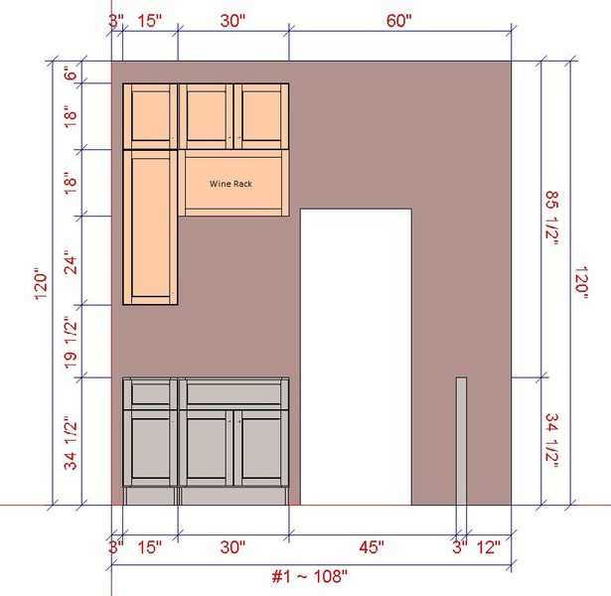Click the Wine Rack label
tap(230, 184)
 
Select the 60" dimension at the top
tap(399, 21)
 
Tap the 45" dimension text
tap(372, 547)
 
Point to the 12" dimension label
tap(488, 547)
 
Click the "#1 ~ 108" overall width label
tap(309, 576)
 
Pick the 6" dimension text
tap(71, 73)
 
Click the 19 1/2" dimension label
tap(71, 342)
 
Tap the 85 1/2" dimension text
tap(551, 218)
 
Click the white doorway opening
tap(356, 357)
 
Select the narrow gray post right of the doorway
tap(461, 441)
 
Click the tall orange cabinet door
tap(150, 227)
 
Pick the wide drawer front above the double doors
tap(233, 393)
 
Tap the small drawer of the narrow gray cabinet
tap(150, 393)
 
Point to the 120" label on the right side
tap(581, 282)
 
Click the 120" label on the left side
tap(42, 283)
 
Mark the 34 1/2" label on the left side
tap(71, 443)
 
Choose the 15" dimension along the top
tap(150, 21)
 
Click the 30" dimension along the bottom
tap(232, 547)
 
